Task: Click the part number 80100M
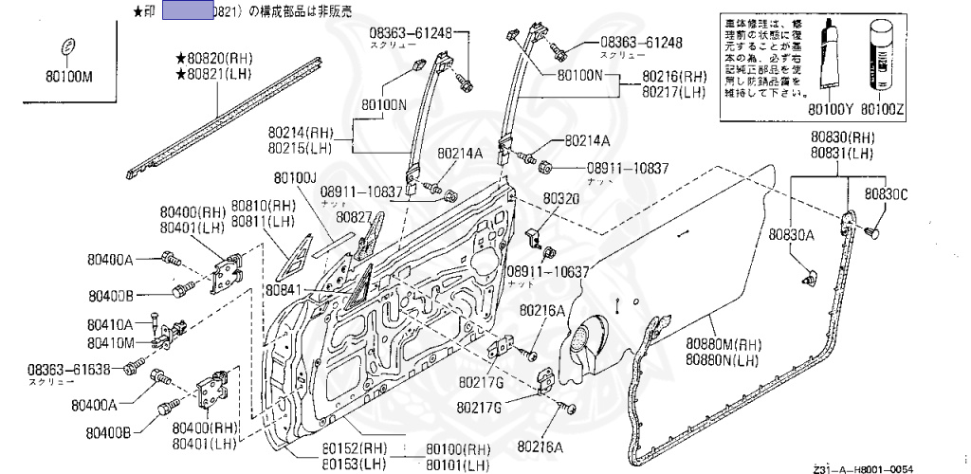(70, 77)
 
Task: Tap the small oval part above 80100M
(67, 47)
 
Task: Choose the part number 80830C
(886, 194)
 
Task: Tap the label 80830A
(791, 233)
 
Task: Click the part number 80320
(560, 199)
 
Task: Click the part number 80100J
(295, 177)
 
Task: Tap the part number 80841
(284, 289)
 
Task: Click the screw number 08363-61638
(68, 369)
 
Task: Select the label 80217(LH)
(674, 92)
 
